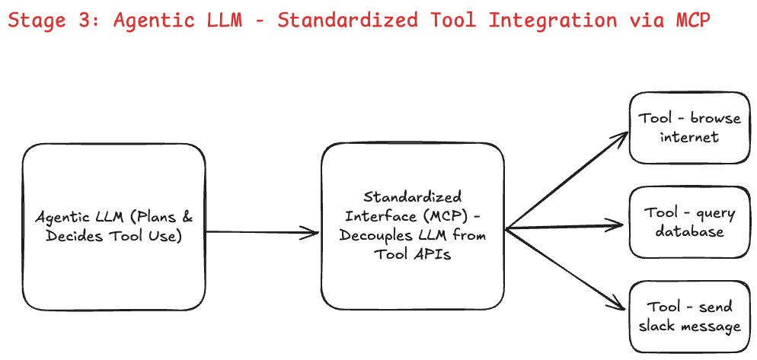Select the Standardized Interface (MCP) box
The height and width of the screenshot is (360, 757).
412,226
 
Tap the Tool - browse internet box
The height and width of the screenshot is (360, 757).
689,128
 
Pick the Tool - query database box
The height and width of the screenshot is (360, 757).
689,222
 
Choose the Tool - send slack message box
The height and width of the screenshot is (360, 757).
689,317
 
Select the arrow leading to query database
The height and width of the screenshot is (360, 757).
567,225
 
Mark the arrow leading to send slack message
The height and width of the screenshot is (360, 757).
567,269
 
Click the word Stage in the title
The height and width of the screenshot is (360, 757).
37,21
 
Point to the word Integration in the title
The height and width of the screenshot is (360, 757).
553,21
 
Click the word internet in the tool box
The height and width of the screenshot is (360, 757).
689,138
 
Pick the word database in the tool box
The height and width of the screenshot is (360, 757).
689,231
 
